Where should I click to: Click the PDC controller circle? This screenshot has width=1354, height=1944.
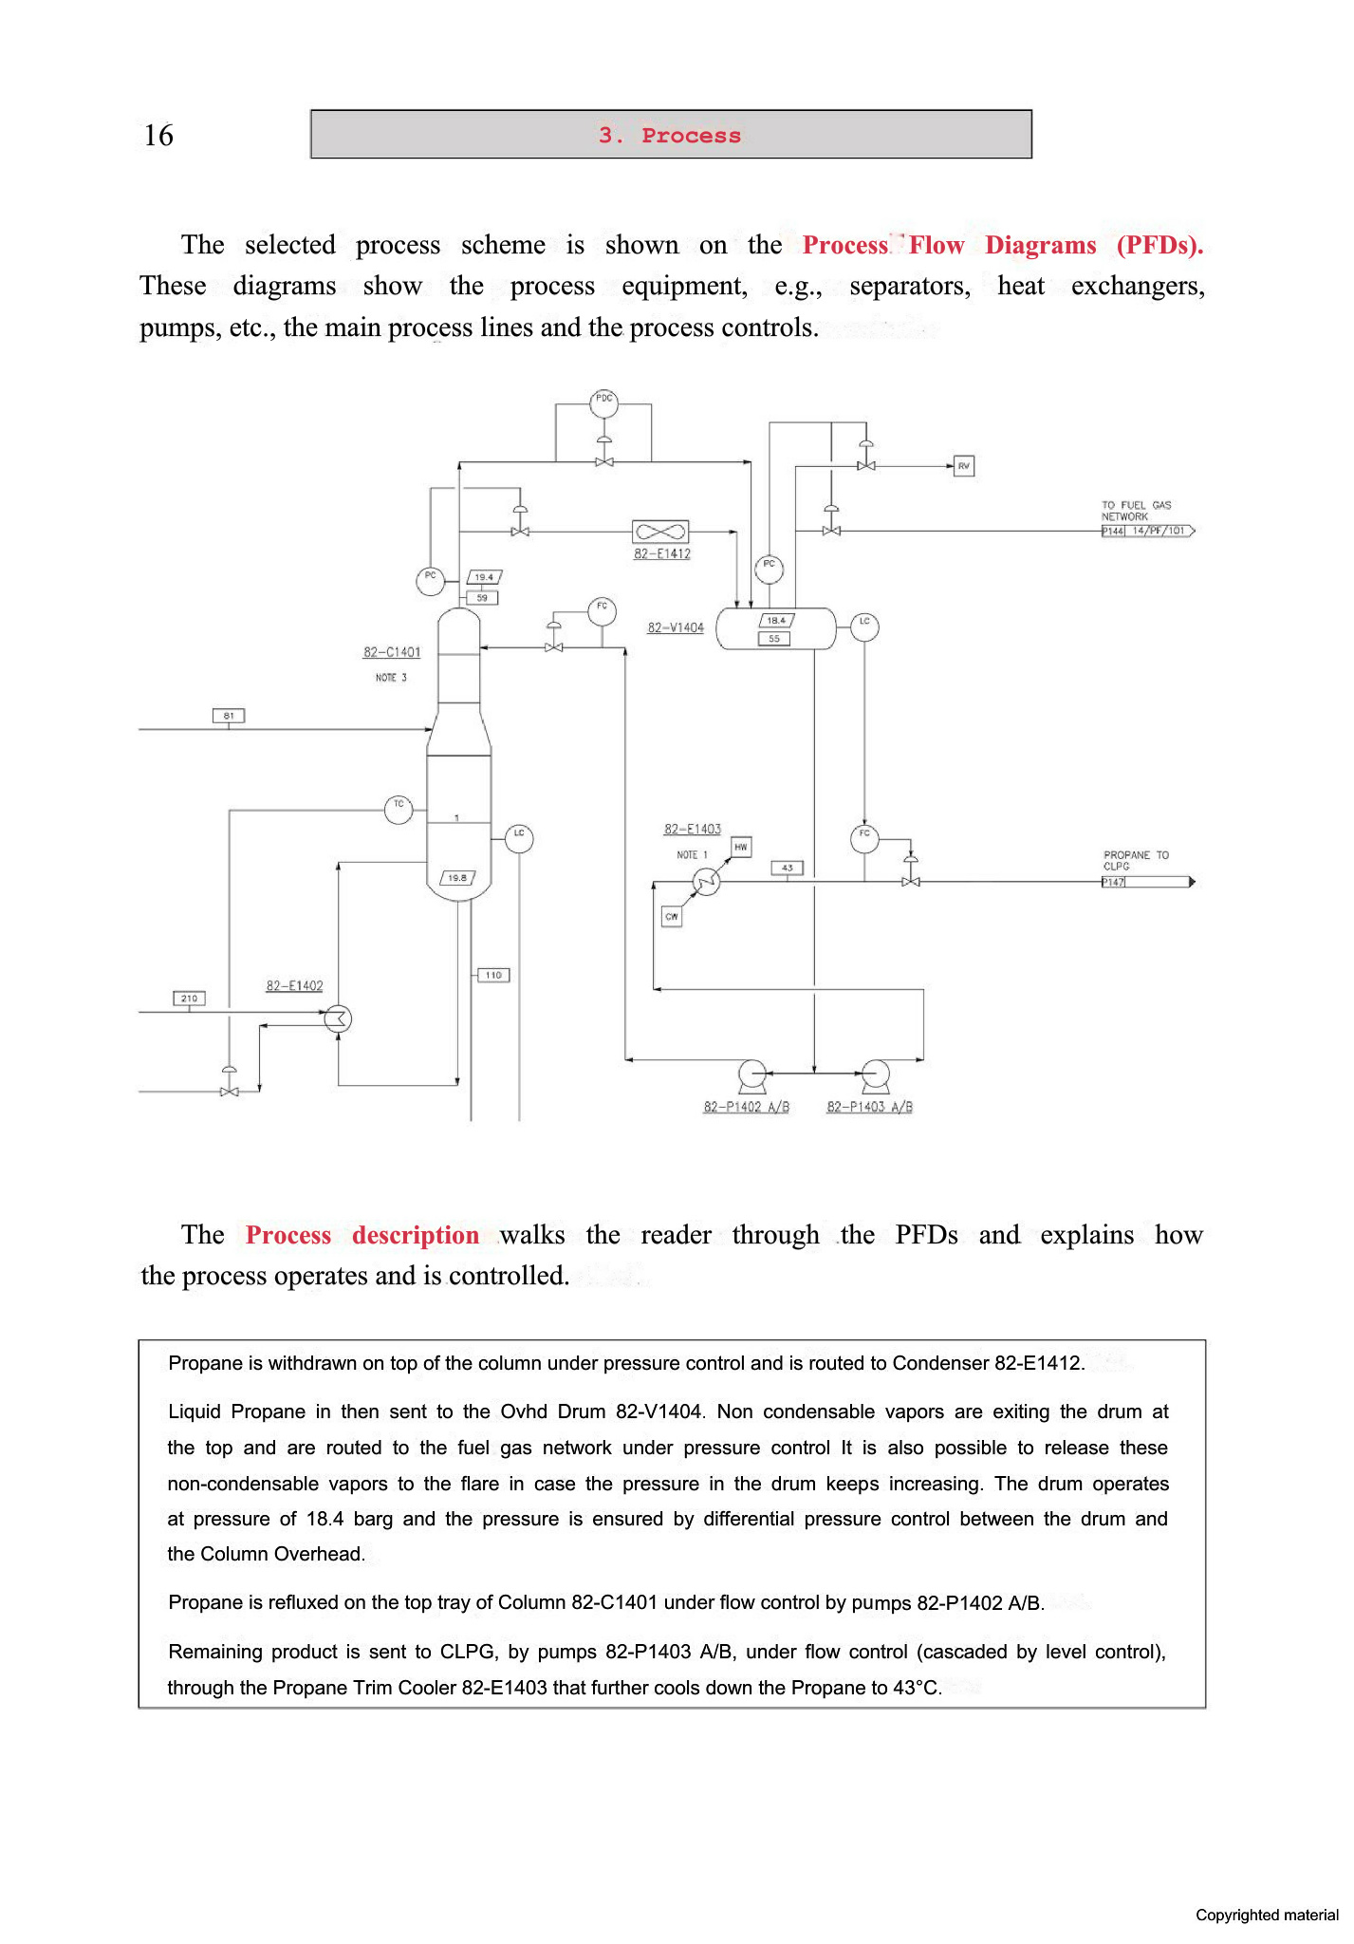[603, 402]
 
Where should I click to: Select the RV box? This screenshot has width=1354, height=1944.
[963, 466]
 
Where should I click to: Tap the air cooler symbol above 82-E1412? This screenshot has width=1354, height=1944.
[660, 532]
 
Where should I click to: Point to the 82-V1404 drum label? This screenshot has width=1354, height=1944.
[676, 627]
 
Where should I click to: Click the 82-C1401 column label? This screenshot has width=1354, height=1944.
[392, 652]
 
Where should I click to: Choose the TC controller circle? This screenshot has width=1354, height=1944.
[399, 809]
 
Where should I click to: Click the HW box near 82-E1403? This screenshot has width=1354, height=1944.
[741, 847]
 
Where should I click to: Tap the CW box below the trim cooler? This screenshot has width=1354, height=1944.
[672, 916]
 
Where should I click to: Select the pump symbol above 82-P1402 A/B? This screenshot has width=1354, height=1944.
[752, 1075]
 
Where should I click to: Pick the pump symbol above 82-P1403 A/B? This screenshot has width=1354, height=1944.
[875, 1075]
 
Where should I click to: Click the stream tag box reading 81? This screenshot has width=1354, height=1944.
[229, 716]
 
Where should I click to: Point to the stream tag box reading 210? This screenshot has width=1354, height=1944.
[189, 998]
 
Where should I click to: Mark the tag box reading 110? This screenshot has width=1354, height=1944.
[493, 975]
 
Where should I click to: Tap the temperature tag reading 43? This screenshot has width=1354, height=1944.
[788, 868]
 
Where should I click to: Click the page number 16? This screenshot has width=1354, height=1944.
[158, 136]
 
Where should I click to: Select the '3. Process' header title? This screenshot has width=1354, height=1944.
[670, 136]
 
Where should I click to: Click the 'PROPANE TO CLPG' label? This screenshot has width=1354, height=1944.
[1136, 860]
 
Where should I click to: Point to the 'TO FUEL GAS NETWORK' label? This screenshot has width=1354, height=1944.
[1136, 511]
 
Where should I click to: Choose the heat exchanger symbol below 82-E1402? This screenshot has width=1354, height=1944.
[338, 1019]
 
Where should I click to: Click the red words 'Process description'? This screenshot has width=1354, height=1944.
[362, 1235]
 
